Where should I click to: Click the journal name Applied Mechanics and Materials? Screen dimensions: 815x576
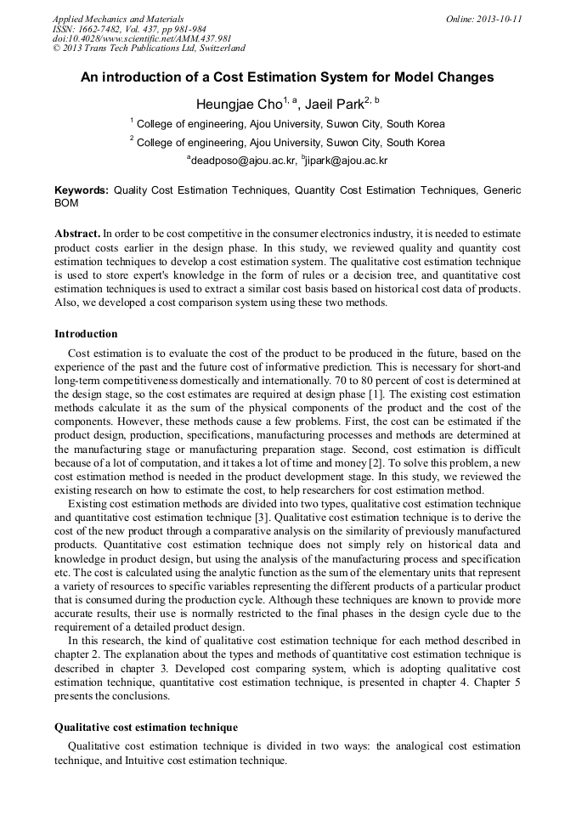click(x=118, y=19)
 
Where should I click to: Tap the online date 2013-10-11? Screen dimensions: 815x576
click(x=483, y=19)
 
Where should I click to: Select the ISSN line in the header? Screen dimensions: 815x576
click(x=129, y=29)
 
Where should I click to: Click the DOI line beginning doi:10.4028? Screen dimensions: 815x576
click(x=142, y=39)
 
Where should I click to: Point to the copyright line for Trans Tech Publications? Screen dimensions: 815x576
click(x=149, y=49)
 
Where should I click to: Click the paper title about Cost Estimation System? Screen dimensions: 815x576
click(x=287, y=77)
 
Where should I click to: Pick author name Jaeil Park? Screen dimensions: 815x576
click(x=335, y=105)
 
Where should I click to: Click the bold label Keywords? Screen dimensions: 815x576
click(x=82, y=191)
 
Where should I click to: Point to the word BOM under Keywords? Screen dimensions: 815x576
click(x=66, y=204)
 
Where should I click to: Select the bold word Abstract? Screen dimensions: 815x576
click(x=77, y=233)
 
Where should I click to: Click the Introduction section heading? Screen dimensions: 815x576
click(x=86, y=334)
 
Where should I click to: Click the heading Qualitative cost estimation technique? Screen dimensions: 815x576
click(x=146, y=727)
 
